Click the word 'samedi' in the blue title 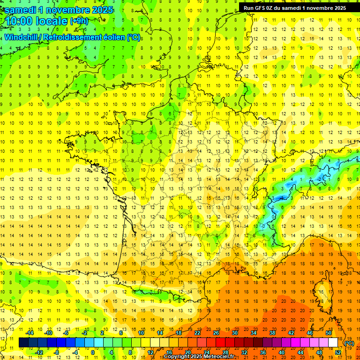point(21,10)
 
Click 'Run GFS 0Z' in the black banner point(260,7)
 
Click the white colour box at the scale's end point(333,343)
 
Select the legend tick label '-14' point(30,333)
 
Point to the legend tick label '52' point(338,352)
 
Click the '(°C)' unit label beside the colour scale point(349,343)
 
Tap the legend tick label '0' point(92,352)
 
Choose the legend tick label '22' point(197,333)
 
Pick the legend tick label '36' point(263,352)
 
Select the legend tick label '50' point(329,333)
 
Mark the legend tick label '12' point(150,352)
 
